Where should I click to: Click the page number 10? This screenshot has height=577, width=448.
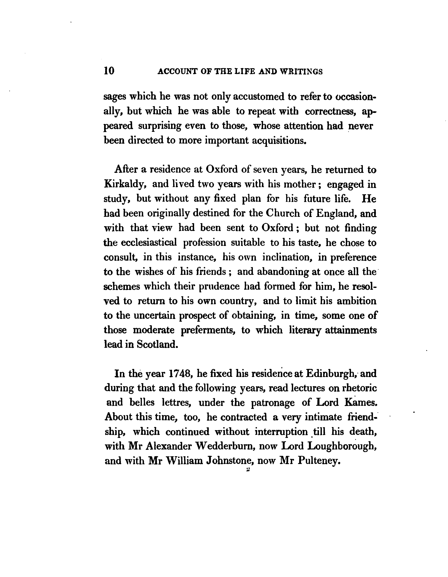coord(109,71)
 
